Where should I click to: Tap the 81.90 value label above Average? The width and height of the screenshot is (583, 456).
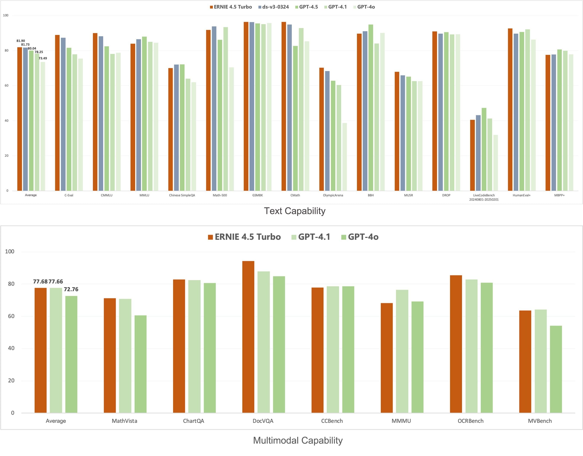coord(21,41)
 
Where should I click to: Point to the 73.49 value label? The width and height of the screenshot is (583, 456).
coord(43,58)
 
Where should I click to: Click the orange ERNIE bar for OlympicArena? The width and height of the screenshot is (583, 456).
coord(322,129)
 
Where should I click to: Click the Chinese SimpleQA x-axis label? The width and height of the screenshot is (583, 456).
coord(182,195)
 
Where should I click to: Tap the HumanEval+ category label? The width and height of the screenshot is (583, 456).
coord(521,195)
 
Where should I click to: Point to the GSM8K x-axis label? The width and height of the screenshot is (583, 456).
coord(257,195)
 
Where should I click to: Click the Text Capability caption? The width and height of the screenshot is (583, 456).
coord(295,211)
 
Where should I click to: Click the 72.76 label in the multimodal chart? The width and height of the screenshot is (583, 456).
coord(71,289)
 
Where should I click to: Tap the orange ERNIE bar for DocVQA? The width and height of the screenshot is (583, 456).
coord(248,337)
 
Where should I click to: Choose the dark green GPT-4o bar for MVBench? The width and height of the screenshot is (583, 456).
coord(556,369)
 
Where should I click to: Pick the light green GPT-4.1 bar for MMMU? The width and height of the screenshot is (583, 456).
coord(402,351)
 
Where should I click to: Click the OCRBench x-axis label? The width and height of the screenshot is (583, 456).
coord(470,421)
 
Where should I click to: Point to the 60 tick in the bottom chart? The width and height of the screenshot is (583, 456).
coord(11,316)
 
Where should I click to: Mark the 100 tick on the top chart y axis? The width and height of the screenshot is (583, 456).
coord(6,15)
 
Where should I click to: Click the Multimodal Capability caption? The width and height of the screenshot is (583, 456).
coord(298,440)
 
